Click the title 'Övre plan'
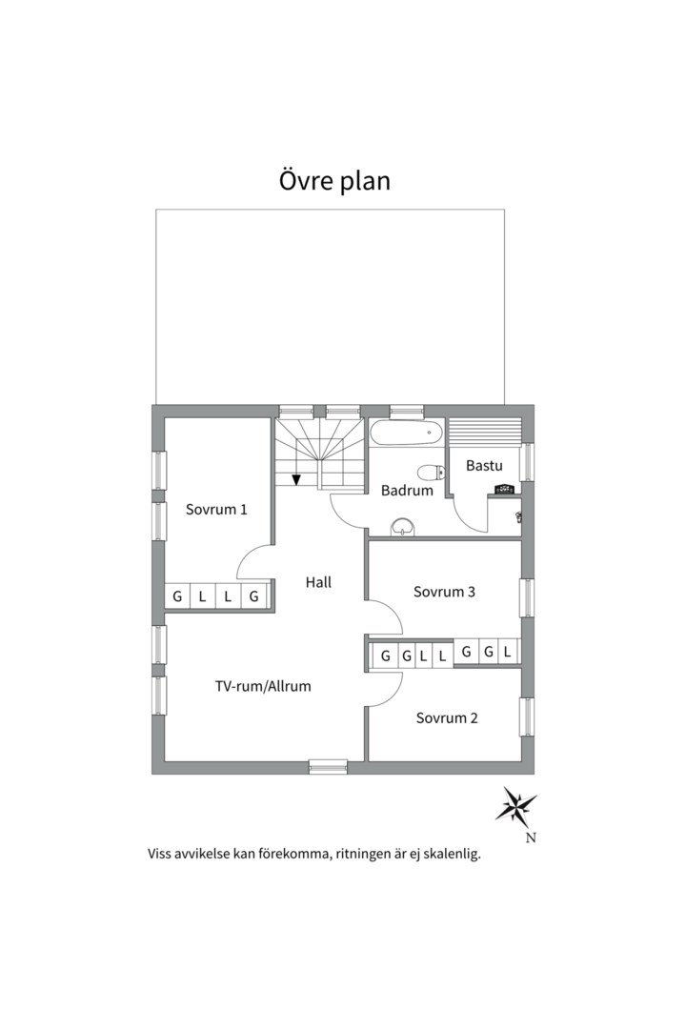click(x=334, y=180)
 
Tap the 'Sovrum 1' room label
click(x=216, y=509)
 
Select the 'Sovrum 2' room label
click(x=447, y=717)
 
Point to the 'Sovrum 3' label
click(x=444, y=592)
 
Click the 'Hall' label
click(x=318, y=581)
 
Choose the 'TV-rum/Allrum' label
click(x=262, y=685)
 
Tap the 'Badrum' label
click(x=407, y=491)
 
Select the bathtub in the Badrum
click(x=407, y=434)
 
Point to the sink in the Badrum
click(x=403, y=525)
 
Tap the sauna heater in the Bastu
click(x=503, y=490)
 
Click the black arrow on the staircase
click(x=297, y=477)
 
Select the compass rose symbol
click(x=515, y=806)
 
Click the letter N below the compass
click(x=531, y=838)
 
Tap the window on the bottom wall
click(x=328, y=765)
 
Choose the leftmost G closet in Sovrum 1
click(x=177, y=597)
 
